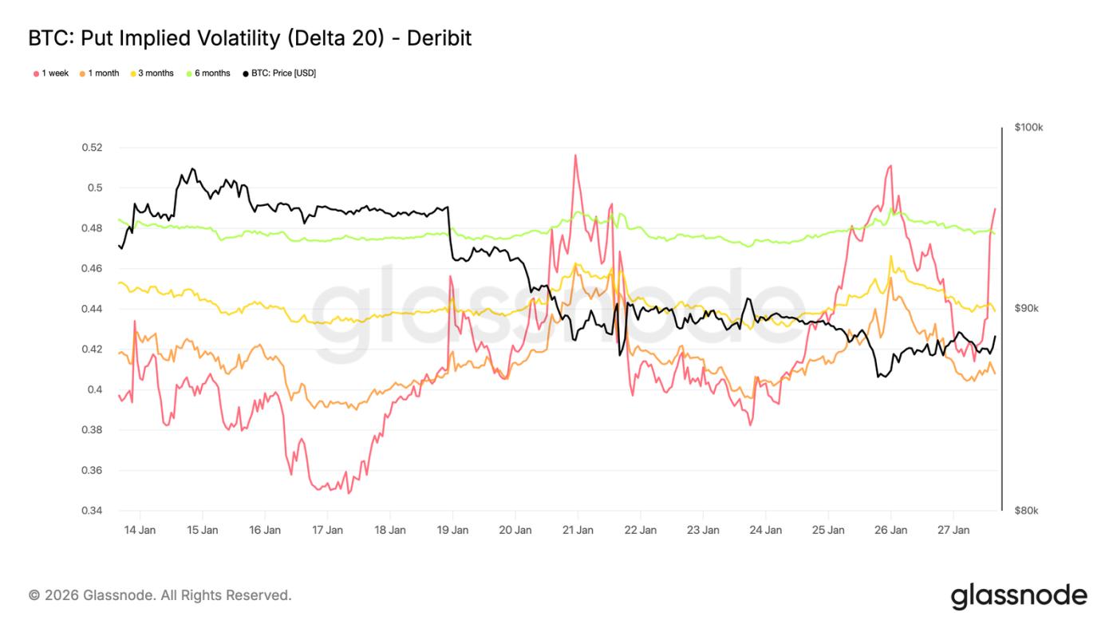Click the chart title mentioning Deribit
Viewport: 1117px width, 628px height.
[250, 38]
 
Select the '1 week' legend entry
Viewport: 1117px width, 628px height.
[51, 73]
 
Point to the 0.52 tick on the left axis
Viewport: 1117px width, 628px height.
[93, 148]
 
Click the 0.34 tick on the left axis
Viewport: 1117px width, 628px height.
[93, 511]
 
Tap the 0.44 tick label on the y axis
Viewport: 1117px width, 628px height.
[93, 309]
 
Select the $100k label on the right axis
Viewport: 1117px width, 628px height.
[1028, 128]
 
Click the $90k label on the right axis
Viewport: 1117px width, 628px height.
[1026, 309]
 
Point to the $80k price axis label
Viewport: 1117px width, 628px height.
[1026, 511]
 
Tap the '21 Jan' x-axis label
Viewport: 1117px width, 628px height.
[578, 530]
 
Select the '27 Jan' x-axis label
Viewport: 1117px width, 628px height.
[953, 530]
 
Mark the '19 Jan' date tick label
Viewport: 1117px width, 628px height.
[452, 530]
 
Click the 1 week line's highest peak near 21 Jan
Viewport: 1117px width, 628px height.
[574, 156]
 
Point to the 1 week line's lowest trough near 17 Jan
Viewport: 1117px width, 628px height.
[349, 492]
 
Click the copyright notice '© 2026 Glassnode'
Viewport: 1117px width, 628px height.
[160, 595]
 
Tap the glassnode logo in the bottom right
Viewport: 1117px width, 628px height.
[1018, 596]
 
